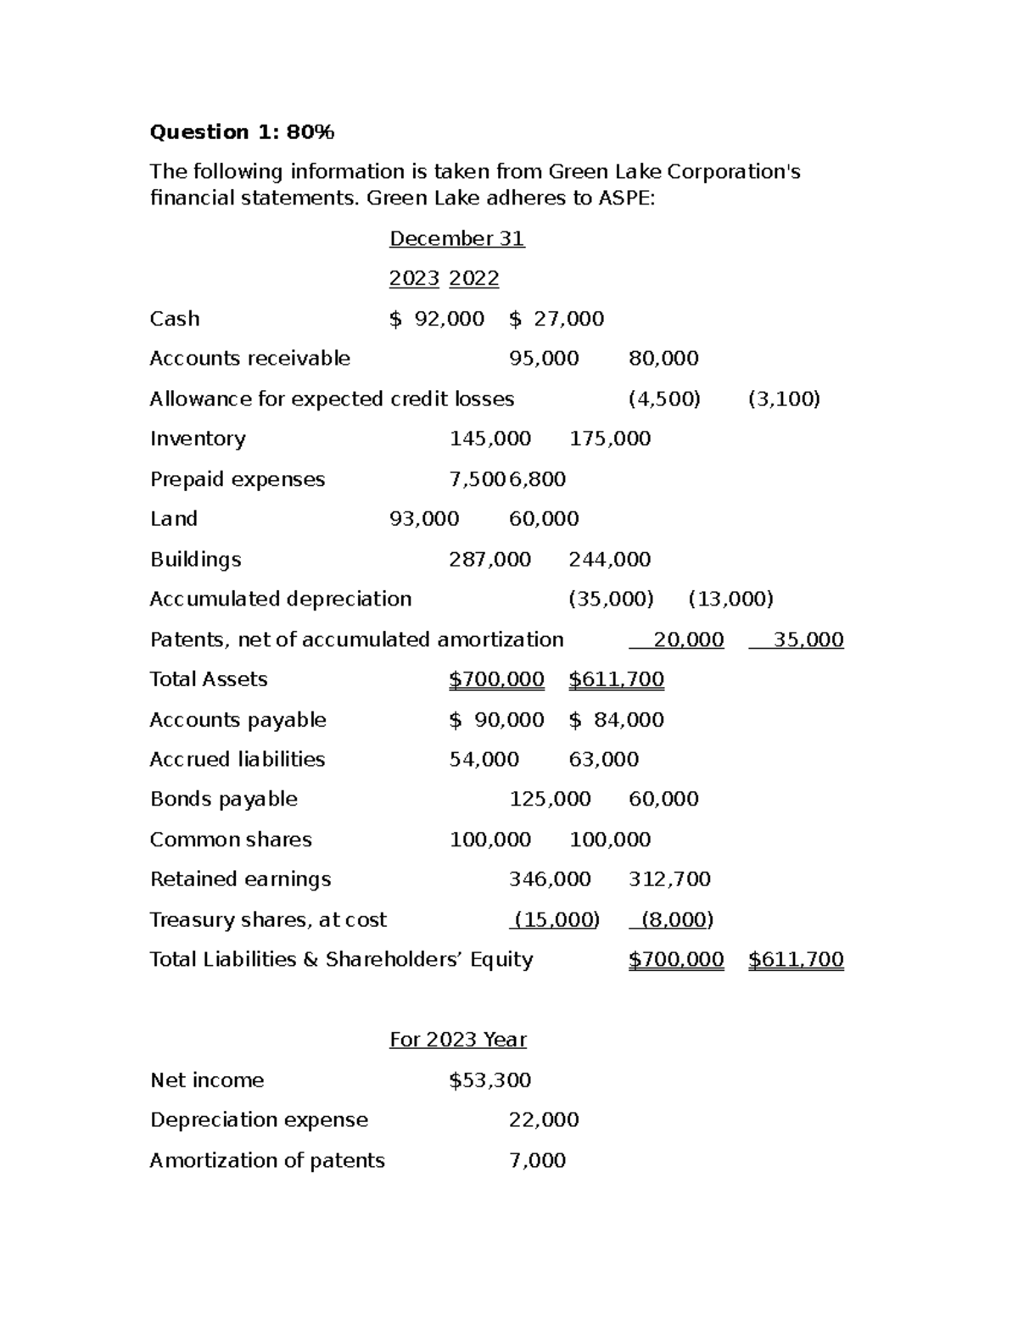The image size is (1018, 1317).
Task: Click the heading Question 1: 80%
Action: tap(242, 132)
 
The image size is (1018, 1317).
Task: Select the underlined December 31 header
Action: tap(456, 239)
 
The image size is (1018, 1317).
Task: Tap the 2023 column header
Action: tap(414, 279)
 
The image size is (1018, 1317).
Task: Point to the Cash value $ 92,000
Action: tap(437, 319)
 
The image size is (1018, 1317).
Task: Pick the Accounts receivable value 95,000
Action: tap(544, 359)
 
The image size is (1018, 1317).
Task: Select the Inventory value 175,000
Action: tap(610, 439)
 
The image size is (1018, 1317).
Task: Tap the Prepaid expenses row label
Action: tap(238, 480)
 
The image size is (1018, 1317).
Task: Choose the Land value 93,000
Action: tap(424, 519)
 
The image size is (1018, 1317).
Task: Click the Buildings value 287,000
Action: tap(489, 560)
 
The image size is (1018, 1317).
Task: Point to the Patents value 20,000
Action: tap(688, 640)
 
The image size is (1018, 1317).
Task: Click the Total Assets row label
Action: tap(209, 679)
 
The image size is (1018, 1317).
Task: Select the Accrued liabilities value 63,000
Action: tap(603, 760)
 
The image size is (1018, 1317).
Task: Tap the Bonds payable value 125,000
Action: tap(550, 800)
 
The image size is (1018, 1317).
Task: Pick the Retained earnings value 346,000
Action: tap(550, 879)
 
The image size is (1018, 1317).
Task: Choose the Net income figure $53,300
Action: tap(489, 1080)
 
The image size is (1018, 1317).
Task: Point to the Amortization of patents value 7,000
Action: tap(537, 1161)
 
